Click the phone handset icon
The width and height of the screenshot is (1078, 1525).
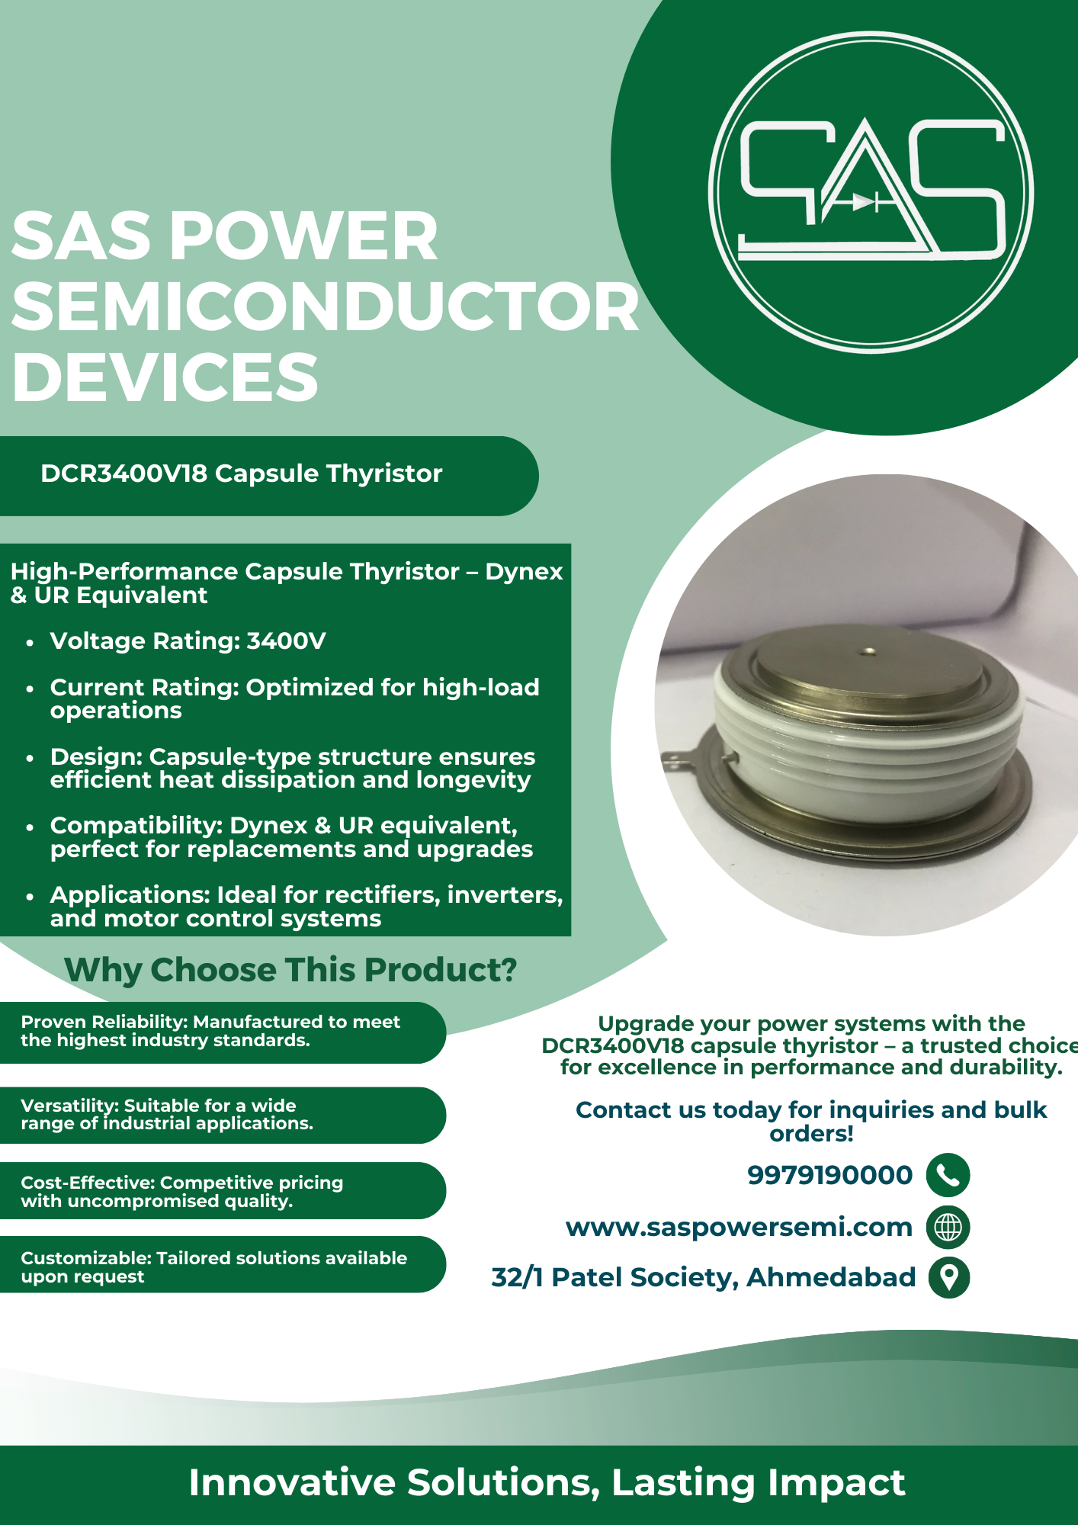[x=948, y=1175]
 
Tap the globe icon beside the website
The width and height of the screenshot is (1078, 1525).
[x=948, y=1227]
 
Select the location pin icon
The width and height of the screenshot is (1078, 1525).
[x=948, y=1277]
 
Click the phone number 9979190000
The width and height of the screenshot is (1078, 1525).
[x=829, y=1175]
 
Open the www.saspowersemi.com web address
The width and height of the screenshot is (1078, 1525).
[x=739, y=1228]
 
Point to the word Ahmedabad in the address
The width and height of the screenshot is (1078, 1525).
[x=831, y=1277]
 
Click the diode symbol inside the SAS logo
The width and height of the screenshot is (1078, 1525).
[x=864, y=202]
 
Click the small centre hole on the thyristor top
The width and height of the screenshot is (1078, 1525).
[x=868, y=652]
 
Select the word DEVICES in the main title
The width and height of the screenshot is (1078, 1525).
[x=165, y=377]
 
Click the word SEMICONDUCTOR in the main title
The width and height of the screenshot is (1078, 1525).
[x=326, y=307]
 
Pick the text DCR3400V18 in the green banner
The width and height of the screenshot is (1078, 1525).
[x=124, y=474]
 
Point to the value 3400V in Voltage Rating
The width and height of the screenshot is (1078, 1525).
[x=286, y=641]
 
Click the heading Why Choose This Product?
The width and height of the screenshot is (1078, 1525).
[x=290, y=970]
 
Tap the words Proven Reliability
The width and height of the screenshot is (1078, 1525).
[x=104, y=1022]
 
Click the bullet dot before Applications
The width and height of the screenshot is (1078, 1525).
[x=30, y=897]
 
